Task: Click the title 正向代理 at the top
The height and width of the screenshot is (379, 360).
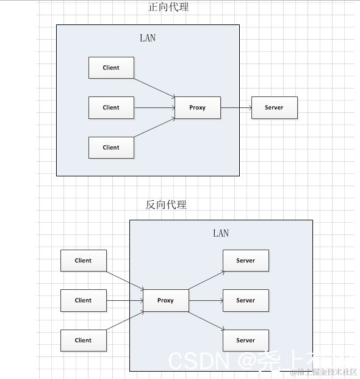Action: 168,8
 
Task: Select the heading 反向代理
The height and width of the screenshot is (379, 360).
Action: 165,204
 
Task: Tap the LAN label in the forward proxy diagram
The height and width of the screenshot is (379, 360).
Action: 148,38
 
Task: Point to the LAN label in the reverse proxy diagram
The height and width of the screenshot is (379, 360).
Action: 221,233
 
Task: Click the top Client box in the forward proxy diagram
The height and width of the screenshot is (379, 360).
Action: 111,68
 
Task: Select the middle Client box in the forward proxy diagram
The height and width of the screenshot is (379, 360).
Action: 111,107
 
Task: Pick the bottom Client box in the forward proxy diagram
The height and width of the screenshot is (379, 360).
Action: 111,147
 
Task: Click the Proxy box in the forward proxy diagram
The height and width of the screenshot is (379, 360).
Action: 197,107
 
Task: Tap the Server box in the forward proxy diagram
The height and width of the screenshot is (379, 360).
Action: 274,107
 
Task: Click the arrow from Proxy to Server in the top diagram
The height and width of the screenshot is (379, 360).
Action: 236,107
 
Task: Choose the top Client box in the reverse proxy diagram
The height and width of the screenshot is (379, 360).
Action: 84,261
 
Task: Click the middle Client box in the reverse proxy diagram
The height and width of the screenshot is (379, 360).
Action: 84,300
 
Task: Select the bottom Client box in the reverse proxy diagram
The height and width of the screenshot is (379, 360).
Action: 84,341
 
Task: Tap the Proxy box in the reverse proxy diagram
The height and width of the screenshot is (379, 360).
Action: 165,300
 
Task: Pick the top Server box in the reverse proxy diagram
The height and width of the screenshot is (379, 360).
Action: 245,261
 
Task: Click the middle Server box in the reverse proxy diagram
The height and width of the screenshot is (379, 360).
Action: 245,300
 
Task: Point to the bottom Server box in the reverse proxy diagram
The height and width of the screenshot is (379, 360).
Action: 245,341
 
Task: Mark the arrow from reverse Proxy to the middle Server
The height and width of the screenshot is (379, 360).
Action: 206,300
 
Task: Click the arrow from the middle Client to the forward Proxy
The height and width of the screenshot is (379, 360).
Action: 154,107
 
